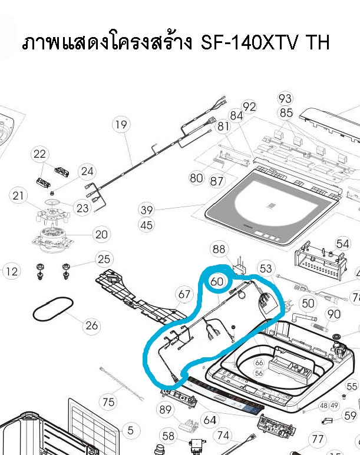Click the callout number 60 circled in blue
[217, 281]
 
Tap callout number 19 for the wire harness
[121, 125]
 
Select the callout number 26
[91, 324]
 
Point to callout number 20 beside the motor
[101, 234]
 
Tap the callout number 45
[147, 225]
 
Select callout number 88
[219, 250]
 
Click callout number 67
[184, 294]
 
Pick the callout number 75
[108, 403]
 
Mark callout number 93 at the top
[286, 98]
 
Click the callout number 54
[342, 244]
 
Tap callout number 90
[333, 314]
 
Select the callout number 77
[318, 439]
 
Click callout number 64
[209, 420]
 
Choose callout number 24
[87, 172]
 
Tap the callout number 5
[130, 430]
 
